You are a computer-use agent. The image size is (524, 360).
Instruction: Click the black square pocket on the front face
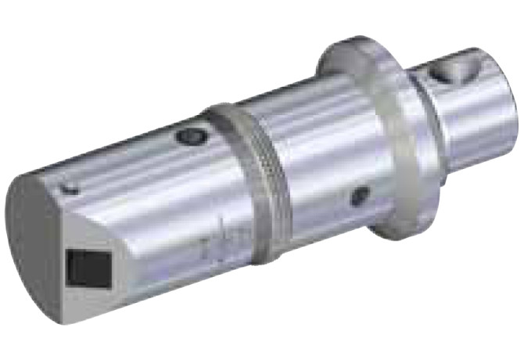[x=86, y=268]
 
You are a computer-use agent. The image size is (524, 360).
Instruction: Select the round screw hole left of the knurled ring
[x=188, y=137]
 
